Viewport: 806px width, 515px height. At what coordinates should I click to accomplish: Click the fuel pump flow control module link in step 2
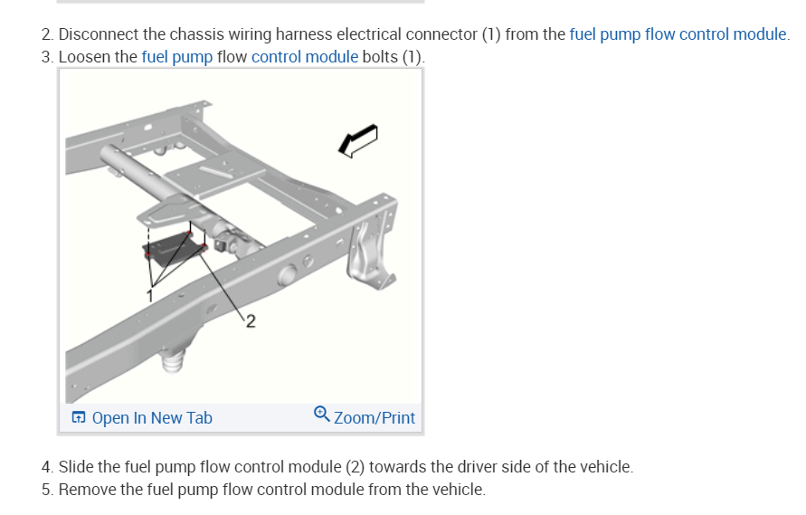pyautogui.click(x=678, y=34)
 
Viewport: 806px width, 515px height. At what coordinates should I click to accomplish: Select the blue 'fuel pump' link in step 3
pyautogui.click(x=177, y=57)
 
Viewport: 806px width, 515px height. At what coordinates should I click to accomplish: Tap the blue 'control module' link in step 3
pyautogui.click(x=305, y=57)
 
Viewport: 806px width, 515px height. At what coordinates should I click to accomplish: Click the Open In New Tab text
pyautogui.click(x=152, y=417)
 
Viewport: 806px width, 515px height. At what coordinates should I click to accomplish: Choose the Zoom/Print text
pyautogui.click(x=375, y=417)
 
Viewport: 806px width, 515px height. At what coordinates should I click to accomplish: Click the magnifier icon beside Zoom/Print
pyautogui.click(x=322, y=415)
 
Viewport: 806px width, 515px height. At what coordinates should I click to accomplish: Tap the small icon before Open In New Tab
pyautogui.click(x=79, y=417)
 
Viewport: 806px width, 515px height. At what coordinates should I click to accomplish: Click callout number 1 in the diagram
pyautogui.click(x=151, y=293)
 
